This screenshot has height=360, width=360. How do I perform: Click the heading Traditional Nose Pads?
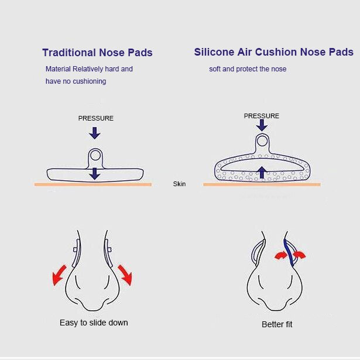pyautogui.click(x=97, y=53)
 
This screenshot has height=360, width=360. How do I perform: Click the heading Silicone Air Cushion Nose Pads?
pyautogui.click(x=273, y=52)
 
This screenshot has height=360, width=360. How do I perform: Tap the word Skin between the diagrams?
pyautogui.click(x=179, y=184)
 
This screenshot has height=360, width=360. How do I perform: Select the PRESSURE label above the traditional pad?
pyautogui.click(x=96, y=118)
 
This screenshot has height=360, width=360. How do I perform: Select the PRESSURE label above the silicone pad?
pyautogui.click(x=262, y=116)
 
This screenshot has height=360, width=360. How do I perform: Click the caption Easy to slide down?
pyautogui.click(x=94, y=323)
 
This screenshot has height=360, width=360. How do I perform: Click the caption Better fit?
pyautogui.click(x=276, y=324)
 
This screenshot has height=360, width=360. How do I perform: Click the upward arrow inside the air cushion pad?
pyautogui.click(x=262, y=172)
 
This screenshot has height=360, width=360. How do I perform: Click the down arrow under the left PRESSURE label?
pyautogui.click(x=95, y=133)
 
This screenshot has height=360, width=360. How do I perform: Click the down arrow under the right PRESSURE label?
pyautogui.click(x=262, y=125)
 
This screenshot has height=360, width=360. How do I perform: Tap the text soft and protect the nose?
pyautogui.click(x=248, y=69)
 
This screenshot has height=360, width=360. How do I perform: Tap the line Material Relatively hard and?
pyautogui.click(x=89, y=69)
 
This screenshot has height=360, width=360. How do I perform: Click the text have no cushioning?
pyautogui.click(x=76, y=81)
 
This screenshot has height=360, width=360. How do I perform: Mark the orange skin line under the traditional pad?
pyautogui.click(x=93, y=184)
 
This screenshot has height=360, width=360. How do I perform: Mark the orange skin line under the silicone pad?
pyautogui.click(x=262, y=184)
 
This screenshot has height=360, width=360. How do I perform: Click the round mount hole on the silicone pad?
pyautogui.click(x=262, y=141)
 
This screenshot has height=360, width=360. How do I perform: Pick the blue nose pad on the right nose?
pyautogui.click(x=287, y=249)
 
